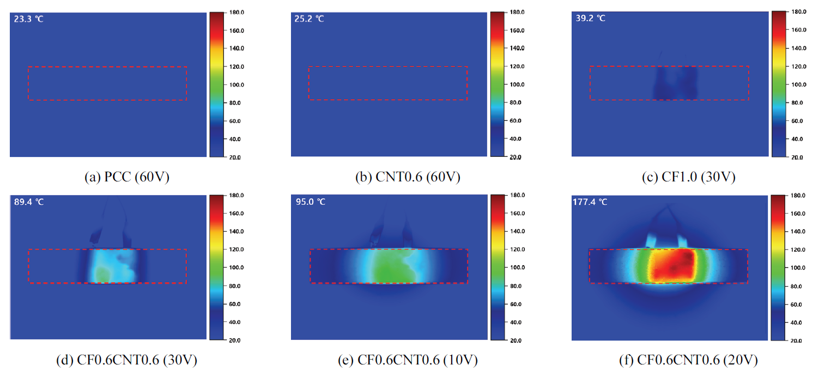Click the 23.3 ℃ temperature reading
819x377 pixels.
[28, 19]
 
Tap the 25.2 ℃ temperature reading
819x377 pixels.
[310, 19]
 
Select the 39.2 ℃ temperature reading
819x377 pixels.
[590, 18]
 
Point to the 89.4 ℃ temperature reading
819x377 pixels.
[28, 202]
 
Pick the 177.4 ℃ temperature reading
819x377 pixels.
[592, 202]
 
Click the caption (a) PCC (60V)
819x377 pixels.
[124, 177]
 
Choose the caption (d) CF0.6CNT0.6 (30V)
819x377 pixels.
[126, 360]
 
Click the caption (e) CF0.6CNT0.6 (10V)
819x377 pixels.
[407, 360]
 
